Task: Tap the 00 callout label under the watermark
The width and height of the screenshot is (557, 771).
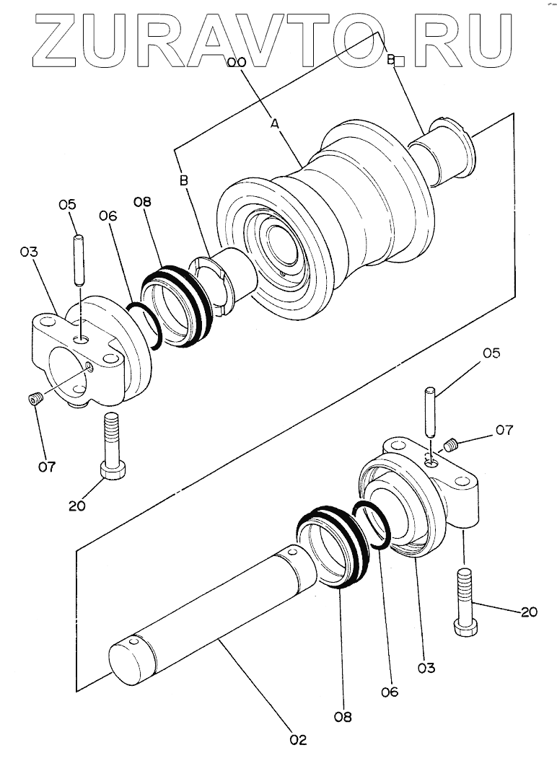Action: tap(237, 63)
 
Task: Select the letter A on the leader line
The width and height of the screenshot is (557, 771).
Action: tap(274, 124)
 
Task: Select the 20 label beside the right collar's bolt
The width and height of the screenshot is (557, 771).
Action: tap(529, 612)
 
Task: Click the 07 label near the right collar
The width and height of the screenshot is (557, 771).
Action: tap(503, 431)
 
